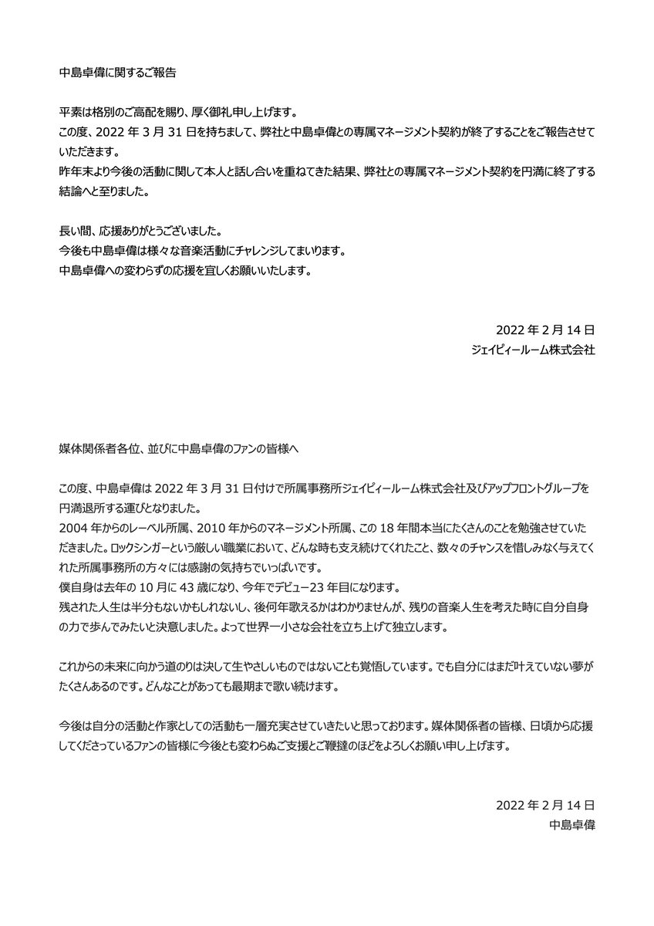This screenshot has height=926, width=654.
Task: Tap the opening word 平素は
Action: (x=75, y=111)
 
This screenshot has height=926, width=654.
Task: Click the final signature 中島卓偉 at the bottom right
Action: (x=570, y=825)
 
